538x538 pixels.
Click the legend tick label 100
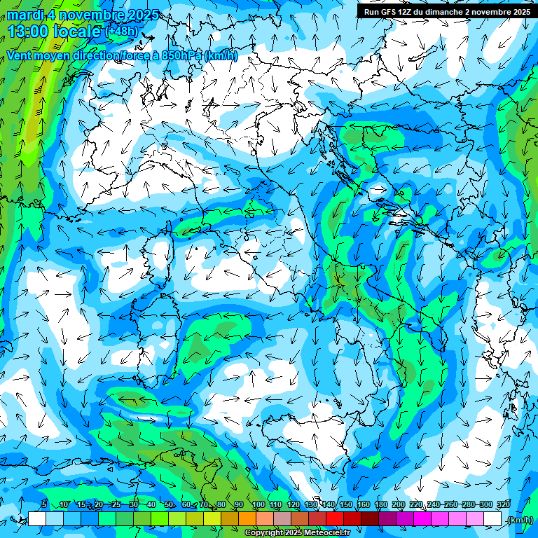point(258,505)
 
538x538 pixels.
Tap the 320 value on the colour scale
point(503,505)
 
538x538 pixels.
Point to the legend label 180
point(380,505)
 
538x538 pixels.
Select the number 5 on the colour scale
point(44,505)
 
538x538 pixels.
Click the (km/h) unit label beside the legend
point(520,520)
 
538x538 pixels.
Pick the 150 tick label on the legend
point(345,505)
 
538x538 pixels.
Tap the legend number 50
point(169,505)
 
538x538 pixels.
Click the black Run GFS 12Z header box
point(446,11)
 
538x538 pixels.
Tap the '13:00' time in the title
point(31,32)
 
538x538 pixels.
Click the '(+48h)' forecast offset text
point(122,32)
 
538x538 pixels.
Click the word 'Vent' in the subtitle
point(21,55)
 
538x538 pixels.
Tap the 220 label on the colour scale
point(415,505)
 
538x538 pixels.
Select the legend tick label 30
point(134,505)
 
